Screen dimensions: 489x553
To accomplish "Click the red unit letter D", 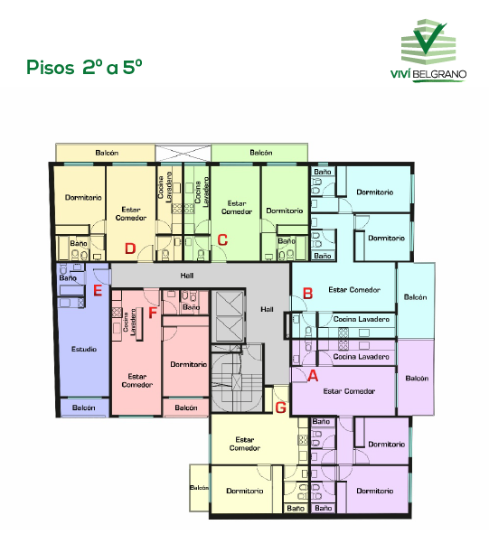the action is tap(130, 248).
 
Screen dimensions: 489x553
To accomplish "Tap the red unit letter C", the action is tap(222, 239).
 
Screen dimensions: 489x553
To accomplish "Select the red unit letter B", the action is tap(307, 293).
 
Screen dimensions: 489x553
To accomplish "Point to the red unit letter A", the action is tap(313, 376).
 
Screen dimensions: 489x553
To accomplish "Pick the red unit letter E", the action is tap(98, 291).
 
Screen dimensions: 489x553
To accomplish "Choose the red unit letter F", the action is tap(153, 313).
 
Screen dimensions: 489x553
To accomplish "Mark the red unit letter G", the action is tap(280, 408).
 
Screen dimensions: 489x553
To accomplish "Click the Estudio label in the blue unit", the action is tap(84, 349).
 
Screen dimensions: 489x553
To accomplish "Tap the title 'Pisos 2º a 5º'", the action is tap(84, 67).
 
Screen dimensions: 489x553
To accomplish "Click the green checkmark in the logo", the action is tap(429, 38).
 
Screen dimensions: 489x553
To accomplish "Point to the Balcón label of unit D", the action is tap(107, 153).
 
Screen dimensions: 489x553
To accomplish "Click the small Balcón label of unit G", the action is tap(199, 488).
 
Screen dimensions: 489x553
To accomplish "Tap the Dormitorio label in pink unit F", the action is tap(188, 364).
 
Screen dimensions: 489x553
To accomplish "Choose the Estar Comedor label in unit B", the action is tap(354, 289).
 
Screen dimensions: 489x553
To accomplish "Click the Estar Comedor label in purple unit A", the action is tap(349, 391).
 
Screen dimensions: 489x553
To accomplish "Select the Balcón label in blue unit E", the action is tap(84, 408).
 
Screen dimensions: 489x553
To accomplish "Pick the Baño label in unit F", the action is tap(191, 307).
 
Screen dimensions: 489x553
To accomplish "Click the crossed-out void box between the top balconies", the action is tap(183, 153).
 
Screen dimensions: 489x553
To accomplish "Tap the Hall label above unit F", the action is tap(186, 276).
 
